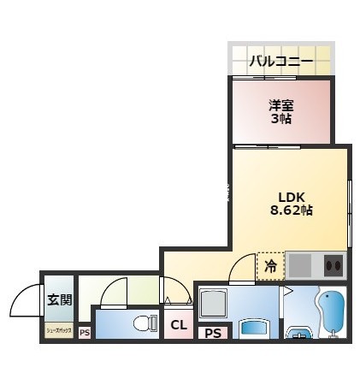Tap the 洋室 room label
click(280, 104)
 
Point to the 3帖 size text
click(280, 119)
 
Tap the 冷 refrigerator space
click(270, 266)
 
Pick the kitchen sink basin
click(300, 266)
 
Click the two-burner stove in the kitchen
click(332, 266)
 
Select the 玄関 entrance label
click(58, 299)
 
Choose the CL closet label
click(178, 325)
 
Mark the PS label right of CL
click(211, 332)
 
